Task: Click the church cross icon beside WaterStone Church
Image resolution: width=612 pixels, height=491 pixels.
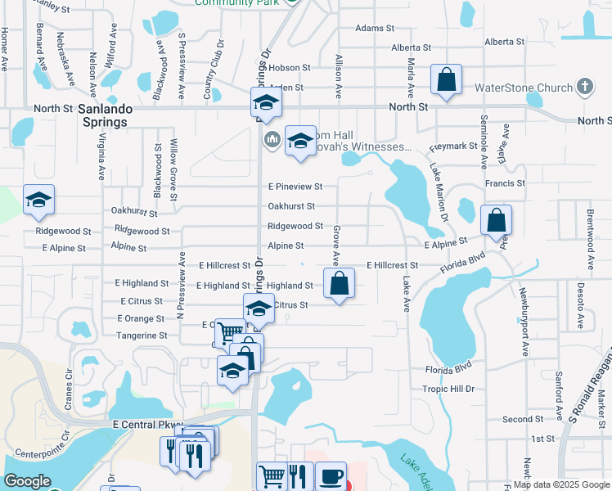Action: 584,87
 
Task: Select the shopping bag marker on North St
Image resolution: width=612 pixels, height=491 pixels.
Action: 446,81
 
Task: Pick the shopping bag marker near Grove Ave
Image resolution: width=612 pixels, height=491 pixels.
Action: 340,284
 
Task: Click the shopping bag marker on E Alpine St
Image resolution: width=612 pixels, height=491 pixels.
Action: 496,220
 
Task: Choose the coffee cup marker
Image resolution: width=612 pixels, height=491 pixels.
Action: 331,476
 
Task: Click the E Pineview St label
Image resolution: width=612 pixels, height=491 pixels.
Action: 295,187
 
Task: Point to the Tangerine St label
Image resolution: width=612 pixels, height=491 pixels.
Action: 142,336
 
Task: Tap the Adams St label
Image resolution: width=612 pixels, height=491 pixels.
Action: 376,28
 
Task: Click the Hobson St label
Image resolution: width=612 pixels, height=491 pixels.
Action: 290,68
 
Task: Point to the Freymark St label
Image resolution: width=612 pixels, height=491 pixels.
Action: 454,146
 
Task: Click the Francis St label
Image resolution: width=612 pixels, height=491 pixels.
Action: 504,183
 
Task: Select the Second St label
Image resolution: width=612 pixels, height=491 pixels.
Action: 517,419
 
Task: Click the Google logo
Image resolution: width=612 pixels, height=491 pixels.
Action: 27,481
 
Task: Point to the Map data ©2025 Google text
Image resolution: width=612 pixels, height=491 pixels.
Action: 561,484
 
